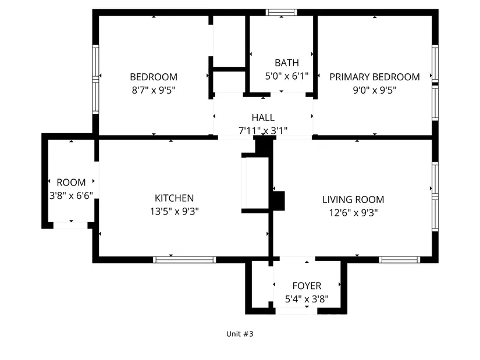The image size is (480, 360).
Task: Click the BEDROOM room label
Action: click(x=154, y=77)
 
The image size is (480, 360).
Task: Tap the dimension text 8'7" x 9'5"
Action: click(x=154, y=90)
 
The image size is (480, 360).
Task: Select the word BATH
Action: click(x=287, y=63)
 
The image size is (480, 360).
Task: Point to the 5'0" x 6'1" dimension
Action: click(x=287, y=76)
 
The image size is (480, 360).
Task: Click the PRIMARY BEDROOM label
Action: click(x=375, y=77)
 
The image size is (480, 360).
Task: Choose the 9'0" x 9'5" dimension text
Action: click(x=375, y=90)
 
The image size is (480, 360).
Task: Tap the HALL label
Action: click(x=263, y=117)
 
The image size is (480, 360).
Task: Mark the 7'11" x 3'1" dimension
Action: click(x=263, y=131)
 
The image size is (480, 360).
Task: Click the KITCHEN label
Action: click(x=174, y=198)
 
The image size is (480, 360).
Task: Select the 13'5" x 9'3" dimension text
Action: click(x=174, y=212)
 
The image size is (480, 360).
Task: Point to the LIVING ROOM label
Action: click(x=353, y=199)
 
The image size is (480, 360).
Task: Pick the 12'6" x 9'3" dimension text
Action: click(x=353, y=213)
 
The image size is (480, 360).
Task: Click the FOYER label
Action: click(x=307, y=286)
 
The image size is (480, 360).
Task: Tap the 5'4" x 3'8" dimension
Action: click(x=307, y=299)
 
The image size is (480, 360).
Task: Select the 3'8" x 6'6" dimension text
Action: click(x=71, y=195)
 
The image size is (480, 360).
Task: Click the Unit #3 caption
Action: click(x=240, y=334)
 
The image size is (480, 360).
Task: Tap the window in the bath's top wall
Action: click(x=282, y=12)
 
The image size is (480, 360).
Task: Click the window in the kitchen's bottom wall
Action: click(x=184, y=260)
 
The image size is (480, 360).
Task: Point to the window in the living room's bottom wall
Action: click(x=400, y=260)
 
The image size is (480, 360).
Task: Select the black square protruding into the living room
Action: click(x=279, y=201)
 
